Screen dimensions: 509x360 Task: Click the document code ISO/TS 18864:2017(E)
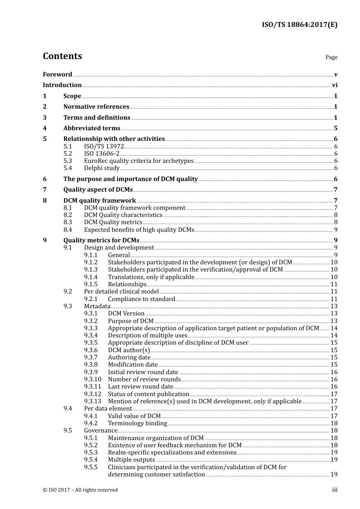click(299, 25)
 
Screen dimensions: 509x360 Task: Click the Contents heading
click(62, 56)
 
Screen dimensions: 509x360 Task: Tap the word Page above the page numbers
click(331, 57)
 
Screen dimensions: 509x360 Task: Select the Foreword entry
click(57, 75)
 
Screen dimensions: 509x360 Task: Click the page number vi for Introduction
click(335, 85)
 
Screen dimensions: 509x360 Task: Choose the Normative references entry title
click(96, 107)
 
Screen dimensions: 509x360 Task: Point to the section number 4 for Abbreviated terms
click(45, 128)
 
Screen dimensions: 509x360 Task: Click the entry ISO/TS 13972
click(104, 147)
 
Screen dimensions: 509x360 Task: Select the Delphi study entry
click(102, 168)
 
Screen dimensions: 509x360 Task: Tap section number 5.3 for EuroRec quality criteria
click(67, 161)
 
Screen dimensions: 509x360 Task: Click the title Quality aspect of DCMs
click(98, 190)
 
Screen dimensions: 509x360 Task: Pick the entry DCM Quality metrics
click(113, 222)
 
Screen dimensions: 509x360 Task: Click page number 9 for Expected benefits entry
click(336, 230)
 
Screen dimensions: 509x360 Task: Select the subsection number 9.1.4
click(91, 277)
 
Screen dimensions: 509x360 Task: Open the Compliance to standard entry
click(141, 299)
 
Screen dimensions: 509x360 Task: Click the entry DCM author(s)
click(129, 350)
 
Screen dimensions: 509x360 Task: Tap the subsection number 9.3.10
click(92, 379)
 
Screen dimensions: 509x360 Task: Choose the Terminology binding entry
click(137, 423)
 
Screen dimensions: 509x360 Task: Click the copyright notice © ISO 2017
click(80, 490)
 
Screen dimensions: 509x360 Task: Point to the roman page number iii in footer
click(335, 490)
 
